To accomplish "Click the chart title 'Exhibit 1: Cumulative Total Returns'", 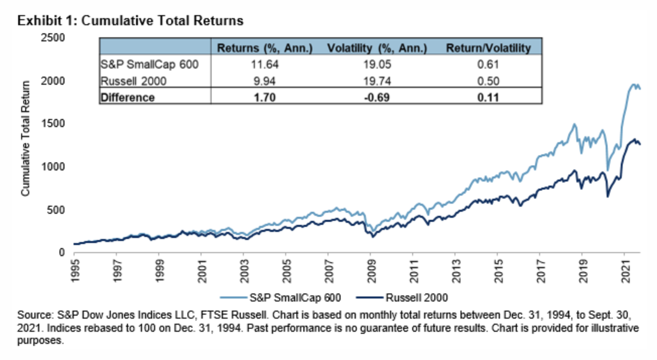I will (x=130, y=21).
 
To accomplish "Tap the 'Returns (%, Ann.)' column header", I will (x=265, y=48).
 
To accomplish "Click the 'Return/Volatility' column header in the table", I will (x=488, y=48).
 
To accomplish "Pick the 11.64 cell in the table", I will (x=265, y=65).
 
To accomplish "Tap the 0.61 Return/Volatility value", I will (x=488, y=65).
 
